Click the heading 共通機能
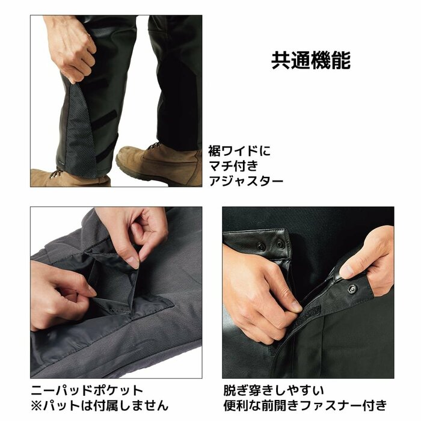[311, 60]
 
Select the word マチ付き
[235, 165]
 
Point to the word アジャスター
[245, 180]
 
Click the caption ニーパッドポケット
[87, 390]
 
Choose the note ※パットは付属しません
[99, 405]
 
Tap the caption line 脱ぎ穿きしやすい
[273, 390]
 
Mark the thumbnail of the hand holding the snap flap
[347, 272]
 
